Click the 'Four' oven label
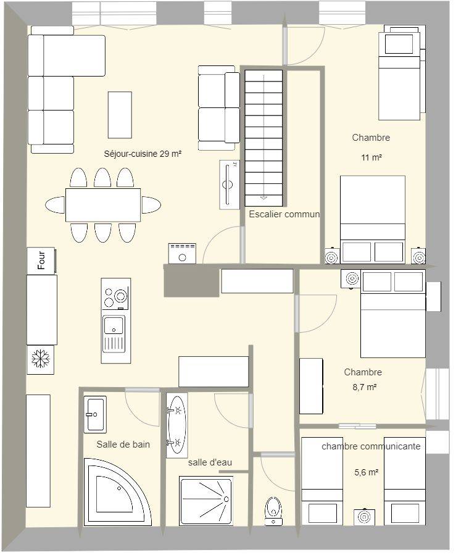(41, 260)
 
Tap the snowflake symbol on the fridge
(41, 359)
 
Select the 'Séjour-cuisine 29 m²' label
(143, 154)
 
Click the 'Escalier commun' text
(284, 214)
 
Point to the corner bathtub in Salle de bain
(117, 492)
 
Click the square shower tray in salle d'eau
(206, 501)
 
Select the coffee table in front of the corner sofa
(120, 115)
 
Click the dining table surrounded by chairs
(103, 205)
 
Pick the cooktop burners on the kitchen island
(115, 298)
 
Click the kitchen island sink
(114, 334)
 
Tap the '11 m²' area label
(371, 157)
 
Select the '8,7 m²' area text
(364, 387)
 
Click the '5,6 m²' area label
(367, 472)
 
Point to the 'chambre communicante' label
(371, 446)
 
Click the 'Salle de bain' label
(123, 444)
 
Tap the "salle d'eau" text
(210, 462)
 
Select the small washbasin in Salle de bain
(95, 414)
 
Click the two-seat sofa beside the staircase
(218, 108)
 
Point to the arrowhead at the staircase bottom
(264, 198)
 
